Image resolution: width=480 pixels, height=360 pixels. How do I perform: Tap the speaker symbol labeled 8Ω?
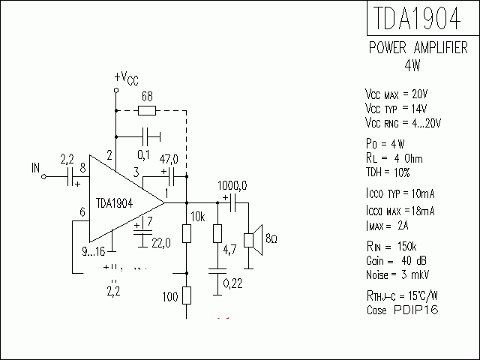(x=255, y=240)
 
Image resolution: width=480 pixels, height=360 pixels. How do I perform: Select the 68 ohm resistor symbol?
(x=148, y=111)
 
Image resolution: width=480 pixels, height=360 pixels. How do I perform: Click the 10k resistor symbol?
(x=186, y=233)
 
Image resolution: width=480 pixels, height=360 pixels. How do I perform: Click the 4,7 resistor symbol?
(x=217, y=233)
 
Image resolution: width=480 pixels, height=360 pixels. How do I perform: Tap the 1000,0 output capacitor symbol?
(x=232, y=202)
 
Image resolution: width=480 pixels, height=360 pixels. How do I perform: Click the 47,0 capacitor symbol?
(x=171, y=177)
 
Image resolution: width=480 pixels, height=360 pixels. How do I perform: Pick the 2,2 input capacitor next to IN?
(x=73, y=177)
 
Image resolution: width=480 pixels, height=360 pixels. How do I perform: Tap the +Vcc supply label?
(x=126, y=78)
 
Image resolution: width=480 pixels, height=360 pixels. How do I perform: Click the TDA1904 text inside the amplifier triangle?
(x=115, y=202)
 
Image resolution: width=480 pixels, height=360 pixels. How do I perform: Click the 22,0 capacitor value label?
(x=162, y=241)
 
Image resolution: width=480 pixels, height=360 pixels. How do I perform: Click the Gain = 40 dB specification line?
(x=397, y=259)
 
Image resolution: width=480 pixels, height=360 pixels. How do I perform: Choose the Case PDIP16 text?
(x=403, y=309)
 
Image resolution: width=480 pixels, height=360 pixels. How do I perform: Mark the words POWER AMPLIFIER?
(x=418, y=48)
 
